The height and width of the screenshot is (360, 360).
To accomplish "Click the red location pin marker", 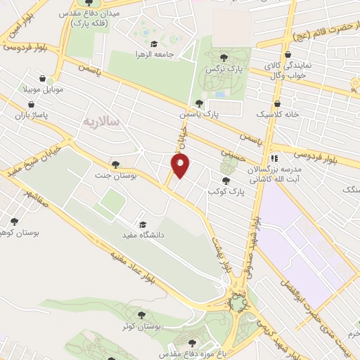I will point(181,166).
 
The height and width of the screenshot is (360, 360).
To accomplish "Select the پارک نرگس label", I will point(219,70).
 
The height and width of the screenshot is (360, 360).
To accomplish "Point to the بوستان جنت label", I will point(115,176).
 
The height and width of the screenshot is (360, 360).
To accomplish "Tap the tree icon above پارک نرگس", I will point(224,58).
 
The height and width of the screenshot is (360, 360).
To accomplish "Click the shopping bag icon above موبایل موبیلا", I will point(44,79).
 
